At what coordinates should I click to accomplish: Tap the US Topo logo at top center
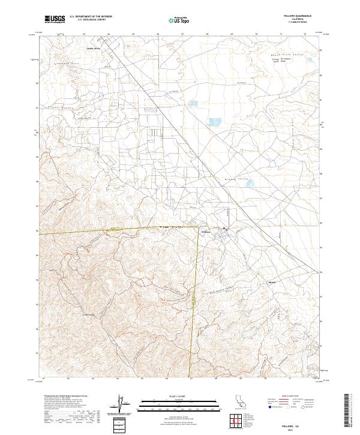(175, 19)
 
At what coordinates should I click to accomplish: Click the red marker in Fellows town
(226, 229)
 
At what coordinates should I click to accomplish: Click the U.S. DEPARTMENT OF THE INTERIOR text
(95, 16)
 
